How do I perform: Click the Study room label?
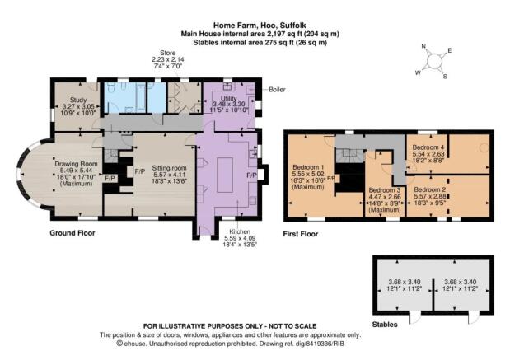[x=78, y=100]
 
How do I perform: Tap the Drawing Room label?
[x=76, y=164]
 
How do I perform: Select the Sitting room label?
[x=169, y=168]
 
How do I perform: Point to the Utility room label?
[x=229, y=98]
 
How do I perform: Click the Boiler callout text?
[x=277, y=90]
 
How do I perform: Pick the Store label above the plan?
[x=168, y=53]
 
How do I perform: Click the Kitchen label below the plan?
[x=240, y=231]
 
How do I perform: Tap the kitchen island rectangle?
[x=225, y=175]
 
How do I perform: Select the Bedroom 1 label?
[x=307, y=167]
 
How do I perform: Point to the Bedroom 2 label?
[x=429, y=189]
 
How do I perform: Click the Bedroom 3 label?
[x=384, y=190]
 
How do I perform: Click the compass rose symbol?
[x=433, y=62]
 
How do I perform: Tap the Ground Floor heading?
[x=73, y=233]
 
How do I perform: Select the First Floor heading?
[x=301, y=234]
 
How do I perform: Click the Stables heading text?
[x=385, y=325]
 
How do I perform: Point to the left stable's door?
[x=414, y=317]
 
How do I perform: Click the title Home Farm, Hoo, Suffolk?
[x=260, y=25]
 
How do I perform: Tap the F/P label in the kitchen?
[x=252, y=175]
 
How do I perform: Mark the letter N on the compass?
[x=423, y=46]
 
